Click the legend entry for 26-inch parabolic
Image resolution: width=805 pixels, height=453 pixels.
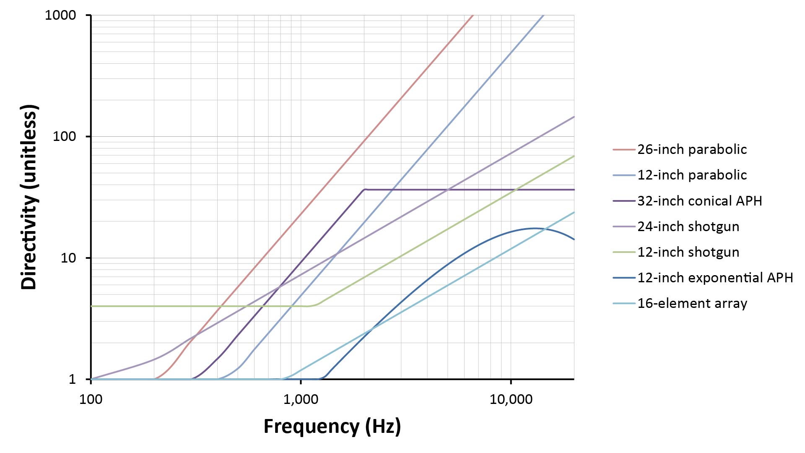692,149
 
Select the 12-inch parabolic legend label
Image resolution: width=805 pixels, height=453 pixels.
692,175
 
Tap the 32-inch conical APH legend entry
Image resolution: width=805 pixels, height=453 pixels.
699,201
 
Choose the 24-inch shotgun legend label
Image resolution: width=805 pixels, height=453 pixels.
688,226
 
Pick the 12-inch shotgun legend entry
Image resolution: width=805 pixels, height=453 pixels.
688,252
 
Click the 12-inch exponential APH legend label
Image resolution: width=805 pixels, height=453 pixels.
715,278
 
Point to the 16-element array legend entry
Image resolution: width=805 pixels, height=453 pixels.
692,303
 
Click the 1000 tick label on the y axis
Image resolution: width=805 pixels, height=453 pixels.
60,16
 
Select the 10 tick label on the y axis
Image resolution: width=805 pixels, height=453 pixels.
68,258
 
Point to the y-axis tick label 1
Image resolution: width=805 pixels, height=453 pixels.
72,379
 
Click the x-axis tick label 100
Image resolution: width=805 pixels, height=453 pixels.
91,399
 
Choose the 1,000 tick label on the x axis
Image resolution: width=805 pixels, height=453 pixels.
301,399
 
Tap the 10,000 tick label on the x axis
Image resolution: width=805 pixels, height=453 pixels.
511,399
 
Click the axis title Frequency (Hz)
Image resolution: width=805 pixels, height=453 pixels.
332,426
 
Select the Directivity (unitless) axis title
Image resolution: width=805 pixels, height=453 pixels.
29,197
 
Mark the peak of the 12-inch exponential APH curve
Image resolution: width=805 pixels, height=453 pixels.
535,228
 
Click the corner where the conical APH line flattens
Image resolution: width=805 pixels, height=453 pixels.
364,189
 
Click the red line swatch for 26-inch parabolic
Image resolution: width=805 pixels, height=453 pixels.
623,149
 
